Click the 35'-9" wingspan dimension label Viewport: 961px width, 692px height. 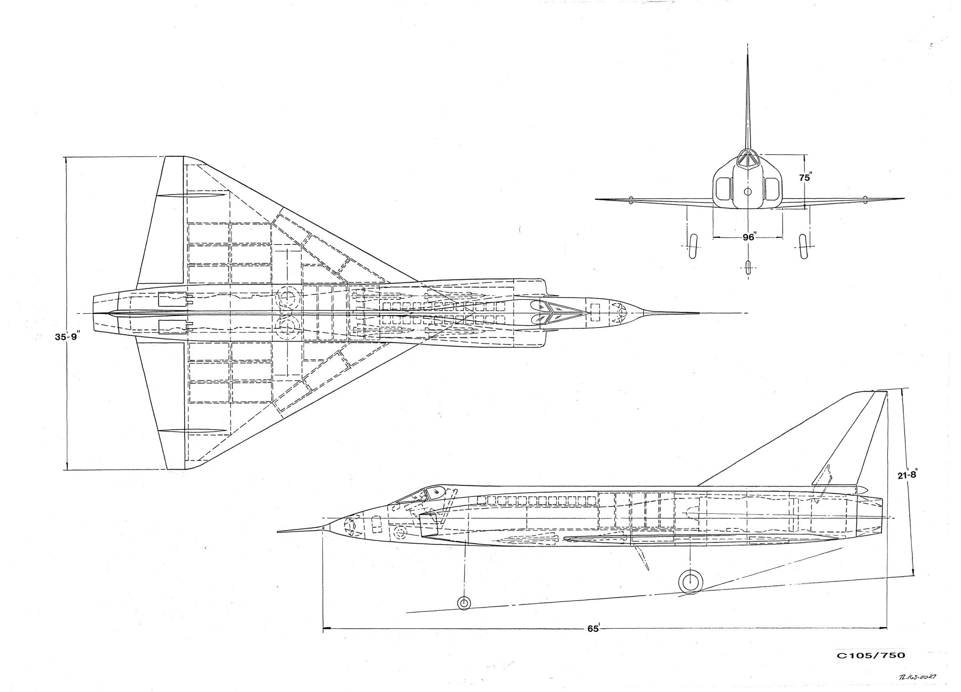[x=67, y=337]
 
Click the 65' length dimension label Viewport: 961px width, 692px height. [x=593, y=640]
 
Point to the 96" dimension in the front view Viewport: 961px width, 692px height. [x=749, y=237]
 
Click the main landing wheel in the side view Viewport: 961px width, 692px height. [x=691, y=582]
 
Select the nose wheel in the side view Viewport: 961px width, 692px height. [x=464, y=603]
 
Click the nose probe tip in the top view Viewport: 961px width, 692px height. [x=697, y=314]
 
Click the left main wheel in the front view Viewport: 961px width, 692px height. [x=693, y=246]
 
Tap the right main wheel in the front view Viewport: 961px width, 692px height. [x=802, y=246]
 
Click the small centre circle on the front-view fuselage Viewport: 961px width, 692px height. [x=748, y=192]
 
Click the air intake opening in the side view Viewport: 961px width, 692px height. [x=428, y=525]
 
